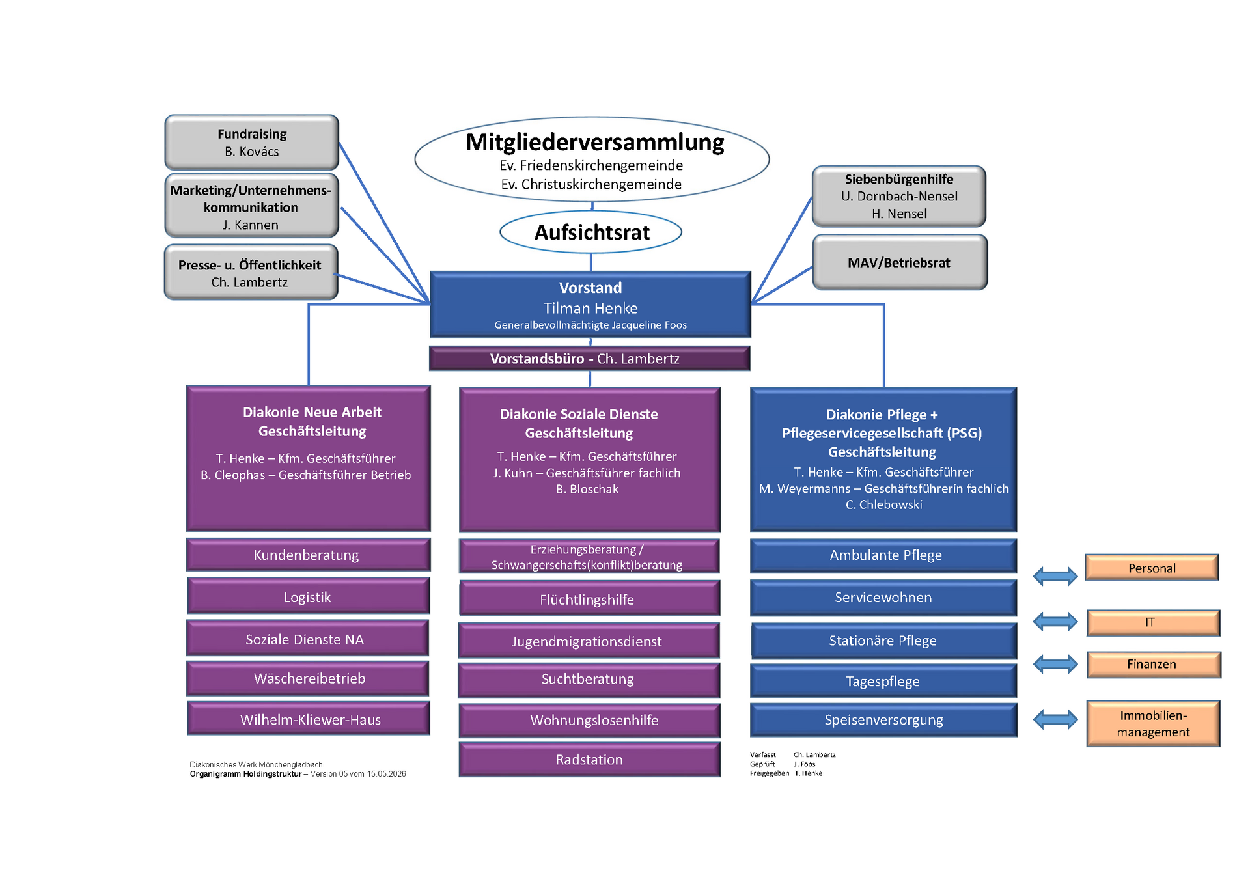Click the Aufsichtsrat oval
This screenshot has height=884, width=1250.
tap(590, 232)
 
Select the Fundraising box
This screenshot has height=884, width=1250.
tap(252, 143)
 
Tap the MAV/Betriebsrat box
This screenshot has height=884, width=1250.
tap(900, 262)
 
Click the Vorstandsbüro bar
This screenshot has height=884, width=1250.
tap(590, 359)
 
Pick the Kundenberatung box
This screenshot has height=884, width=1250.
tap(308, 555)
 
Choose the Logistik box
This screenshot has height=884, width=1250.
tap(309, 596)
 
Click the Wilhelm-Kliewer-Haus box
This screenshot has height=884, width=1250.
tap(309, 719)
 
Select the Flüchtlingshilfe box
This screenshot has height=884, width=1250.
tap(589, 598)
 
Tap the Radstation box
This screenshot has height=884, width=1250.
tap(589, 760)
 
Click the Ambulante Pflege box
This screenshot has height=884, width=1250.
tap(883, 555)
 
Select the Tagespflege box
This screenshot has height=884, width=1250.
tap(883, 681)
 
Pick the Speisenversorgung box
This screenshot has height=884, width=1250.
tap(883, 720)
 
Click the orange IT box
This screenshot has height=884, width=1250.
tap(1153, 623)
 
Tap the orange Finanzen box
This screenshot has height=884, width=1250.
tap(1154, 665)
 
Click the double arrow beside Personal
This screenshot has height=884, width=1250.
tap(1055, 576)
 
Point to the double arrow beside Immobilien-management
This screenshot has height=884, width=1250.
tap(1055, 720)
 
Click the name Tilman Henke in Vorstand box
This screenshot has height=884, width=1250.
tap(590, 308)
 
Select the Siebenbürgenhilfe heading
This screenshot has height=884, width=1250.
tap(899, 179)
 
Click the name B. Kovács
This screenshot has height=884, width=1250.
tap(252, 152)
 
